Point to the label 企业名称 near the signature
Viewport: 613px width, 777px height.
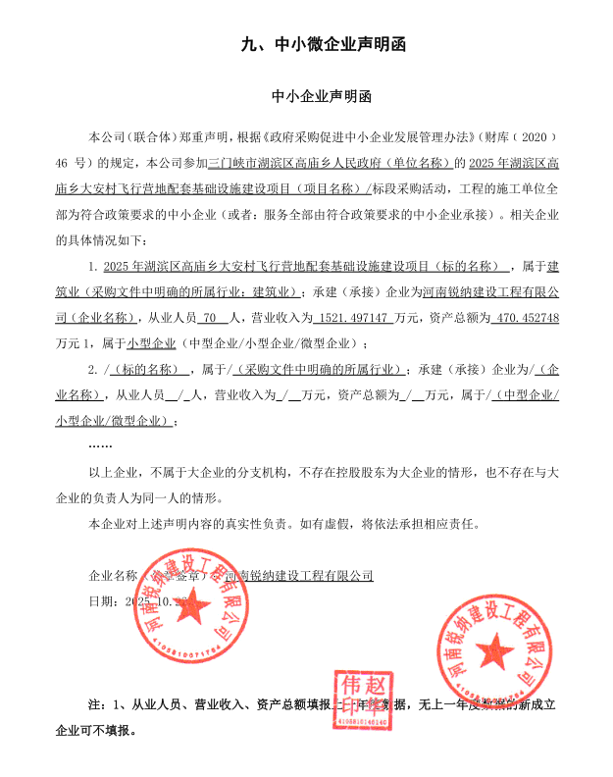click(114, 576)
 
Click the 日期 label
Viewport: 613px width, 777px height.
click(102, 600)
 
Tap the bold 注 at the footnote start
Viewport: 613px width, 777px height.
click(95, 704)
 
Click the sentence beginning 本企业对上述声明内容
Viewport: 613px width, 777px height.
click(284, 523)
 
